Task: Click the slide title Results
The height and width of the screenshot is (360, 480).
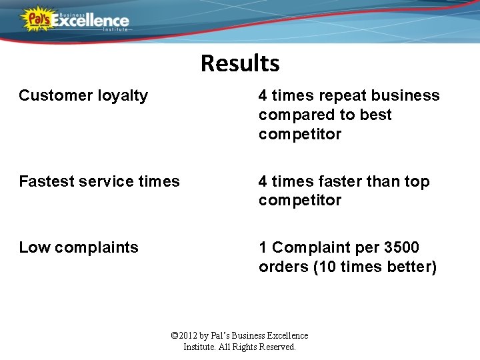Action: click(240, 63)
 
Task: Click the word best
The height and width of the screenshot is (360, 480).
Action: click(376, 115)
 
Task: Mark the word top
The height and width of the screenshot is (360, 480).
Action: click(417, 182)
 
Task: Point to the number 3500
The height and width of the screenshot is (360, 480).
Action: click(401, 247)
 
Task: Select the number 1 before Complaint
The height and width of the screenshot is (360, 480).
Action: click(263, 247)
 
